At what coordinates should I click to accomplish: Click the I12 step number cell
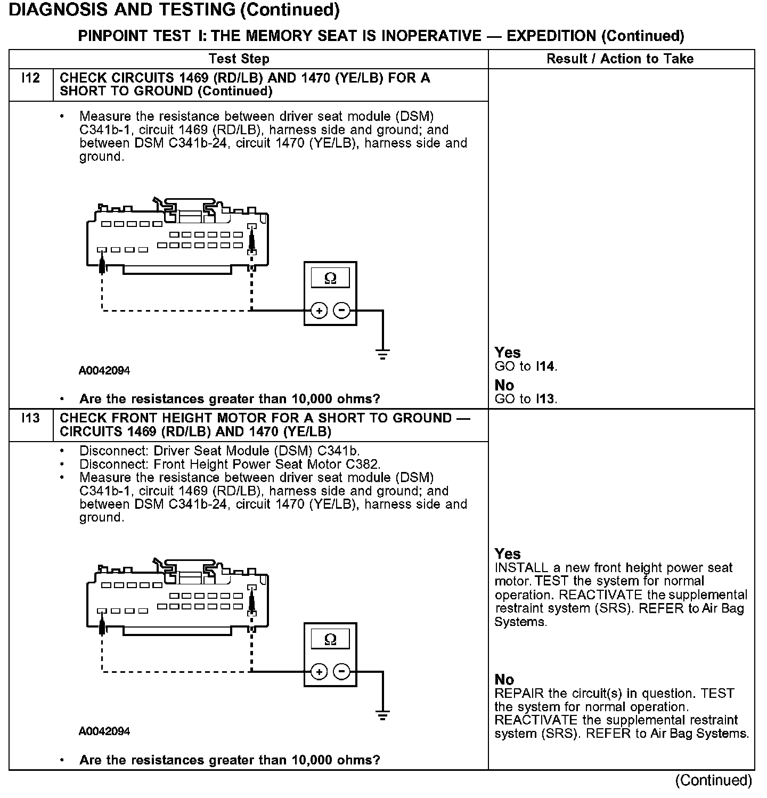31,79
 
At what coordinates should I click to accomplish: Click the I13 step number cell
31,419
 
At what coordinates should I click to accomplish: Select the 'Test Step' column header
239,59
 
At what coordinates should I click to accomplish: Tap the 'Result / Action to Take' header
620,59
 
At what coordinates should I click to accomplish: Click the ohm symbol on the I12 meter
330,279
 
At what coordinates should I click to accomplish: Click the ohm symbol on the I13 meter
330,639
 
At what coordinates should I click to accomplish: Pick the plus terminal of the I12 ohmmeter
319,311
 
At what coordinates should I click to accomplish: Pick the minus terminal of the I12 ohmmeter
342,311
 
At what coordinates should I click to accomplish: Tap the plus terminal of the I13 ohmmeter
319,672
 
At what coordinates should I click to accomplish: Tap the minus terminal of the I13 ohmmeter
342,672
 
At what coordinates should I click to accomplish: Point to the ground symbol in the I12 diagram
382,354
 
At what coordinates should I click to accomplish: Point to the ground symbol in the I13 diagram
382,715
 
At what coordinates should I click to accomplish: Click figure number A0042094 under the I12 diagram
104,371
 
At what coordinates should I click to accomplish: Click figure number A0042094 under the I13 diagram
104,731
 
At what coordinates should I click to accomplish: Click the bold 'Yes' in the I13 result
508,553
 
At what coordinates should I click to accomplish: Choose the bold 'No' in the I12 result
504,385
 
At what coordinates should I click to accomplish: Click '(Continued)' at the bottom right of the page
713,780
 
